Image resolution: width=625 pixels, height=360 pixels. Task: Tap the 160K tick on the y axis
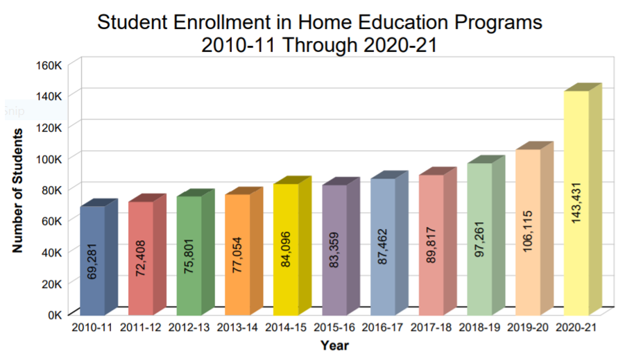[51, 65]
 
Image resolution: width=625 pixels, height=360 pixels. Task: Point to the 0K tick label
[55, 314]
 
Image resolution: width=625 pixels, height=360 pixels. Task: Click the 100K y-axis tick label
[51, 159]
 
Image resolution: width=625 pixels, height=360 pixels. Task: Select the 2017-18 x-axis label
[431, 327]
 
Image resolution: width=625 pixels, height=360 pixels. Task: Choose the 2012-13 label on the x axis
[189, 327]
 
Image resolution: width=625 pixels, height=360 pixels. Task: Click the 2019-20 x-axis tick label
[528, 327]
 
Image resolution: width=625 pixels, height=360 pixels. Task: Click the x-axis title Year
[334, 345]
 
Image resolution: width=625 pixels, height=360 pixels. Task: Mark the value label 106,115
[528, 236]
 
